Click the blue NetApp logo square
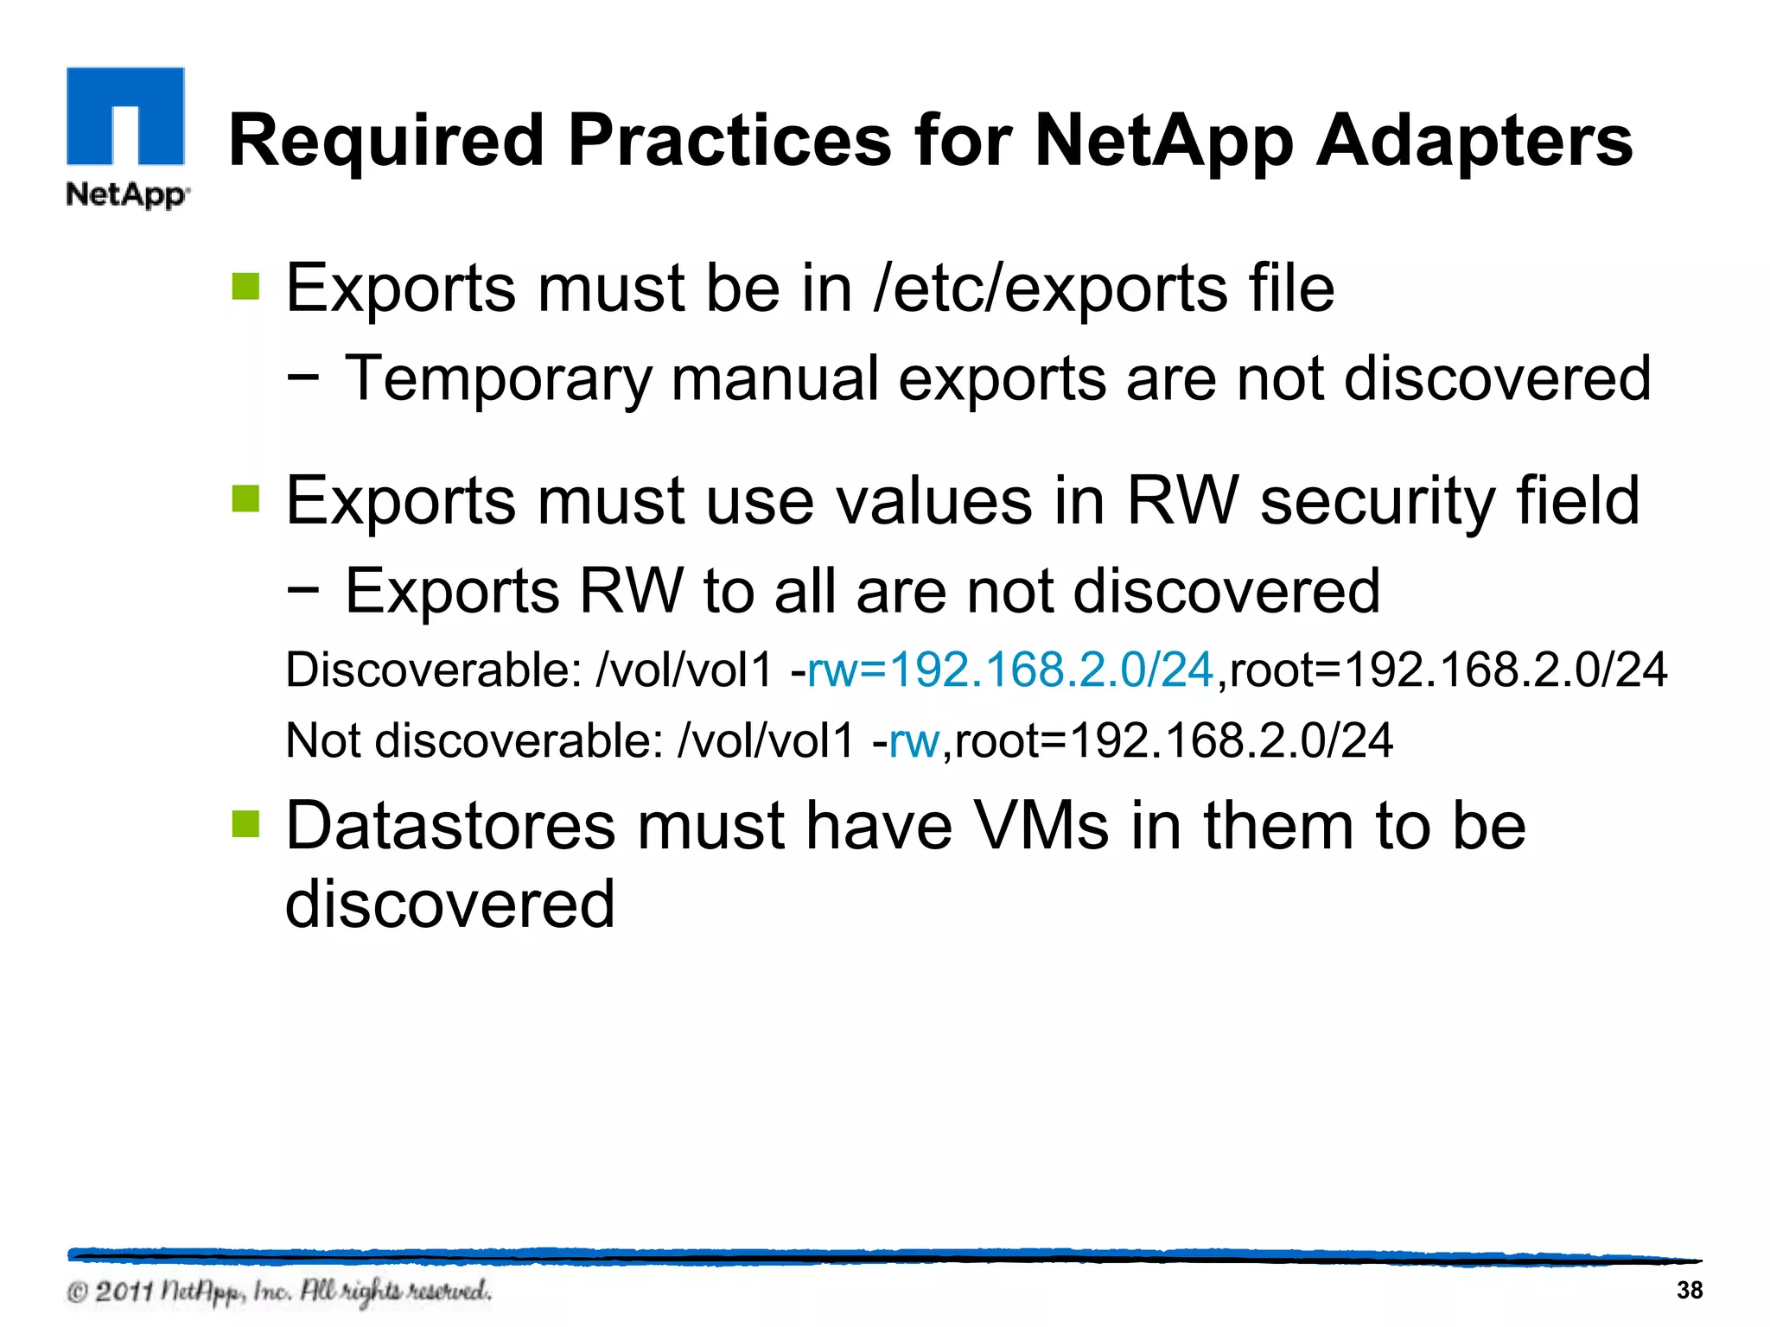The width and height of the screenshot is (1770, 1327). [125, 116]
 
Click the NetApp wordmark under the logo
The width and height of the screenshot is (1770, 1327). [127, 194]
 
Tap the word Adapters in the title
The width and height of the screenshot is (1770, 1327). [1473, 141]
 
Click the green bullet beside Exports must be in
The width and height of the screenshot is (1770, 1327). [245, 287]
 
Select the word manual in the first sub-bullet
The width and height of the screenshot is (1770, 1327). [774, 379]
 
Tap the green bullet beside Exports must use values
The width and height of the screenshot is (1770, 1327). [245, 498]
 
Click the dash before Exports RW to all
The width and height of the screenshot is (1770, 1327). [302, 590]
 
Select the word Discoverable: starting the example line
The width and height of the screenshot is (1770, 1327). [433, 670]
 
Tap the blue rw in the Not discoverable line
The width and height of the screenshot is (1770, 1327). [914, 740]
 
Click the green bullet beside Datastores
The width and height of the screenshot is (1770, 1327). [245, 824]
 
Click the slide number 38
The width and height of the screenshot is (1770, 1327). [1689, 1290]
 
